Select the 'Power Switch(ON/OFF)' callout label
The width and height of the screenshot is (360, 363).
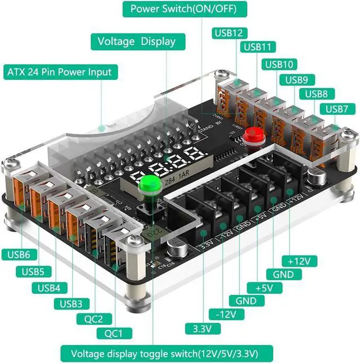coord(183,9)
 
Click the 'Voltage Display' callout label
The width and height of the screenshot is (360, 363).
coord(136,42)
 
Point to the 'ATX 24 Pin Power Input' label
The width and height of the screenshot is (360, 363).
coord(59,72)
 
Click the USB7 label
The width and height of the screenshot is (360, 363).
coord(336,108)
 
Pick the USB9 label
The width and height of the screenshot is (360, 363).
coord(296,79)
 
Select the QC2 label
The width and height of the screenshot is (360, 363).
coord(94,319)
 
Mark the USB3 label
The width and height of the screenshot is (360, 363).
coord(71,304)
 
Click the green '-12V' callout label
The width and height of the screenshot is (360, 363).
coord(223,314)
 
